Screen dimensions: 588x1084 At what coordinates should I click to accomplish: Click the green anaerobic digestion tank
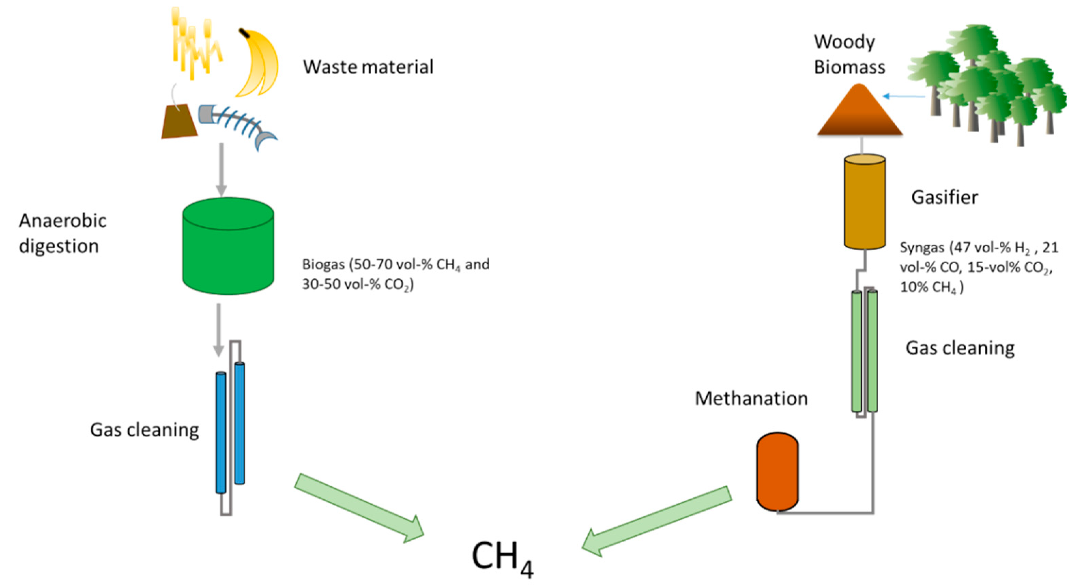(x=228, y=246)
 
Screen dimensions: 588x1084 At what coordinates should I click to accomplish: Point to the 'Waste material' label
(x=368, y=67)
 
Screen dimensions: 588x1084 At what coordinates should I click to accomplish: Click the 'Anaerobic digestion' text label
(x=62, y=233)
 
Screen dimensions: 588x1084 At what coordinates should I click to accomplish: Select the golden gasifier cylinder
(x=865, y=202)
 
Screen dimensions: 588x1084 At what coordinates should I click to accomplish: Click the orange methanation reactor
(x=777, y=471)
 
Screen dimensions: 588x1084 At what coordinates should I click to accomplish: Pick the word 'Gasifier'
(x=944, y=197)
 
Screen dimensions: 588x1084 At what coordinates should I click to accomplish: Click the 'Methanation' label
(x=751, y=398)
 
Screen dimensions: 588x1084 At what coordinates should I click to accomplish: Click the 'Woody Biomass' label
(x=849, y=54)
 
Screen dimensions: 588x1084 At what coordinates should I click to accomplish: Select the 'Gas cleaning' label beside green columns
(x=959, y=348)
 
